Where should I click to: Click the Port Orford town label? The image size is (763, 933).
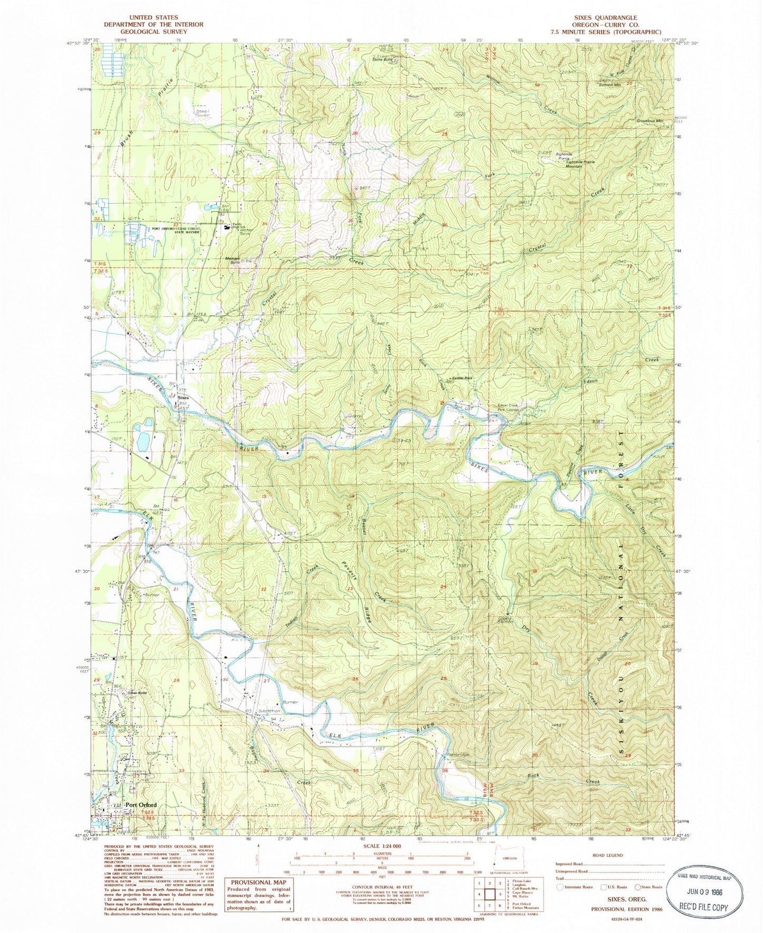(140, 805)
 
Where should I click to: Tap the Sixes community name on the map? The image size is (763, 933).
(183, 397)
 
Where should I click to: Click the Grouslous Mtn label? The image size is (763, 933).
(649, 120)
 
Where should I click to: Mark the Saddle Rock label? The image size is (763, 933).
(460, 378)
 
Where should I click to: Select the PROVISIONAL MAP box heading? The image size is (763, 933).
(258, 882)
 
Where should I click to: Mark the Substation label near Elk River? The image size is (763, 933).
(269, 711)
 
